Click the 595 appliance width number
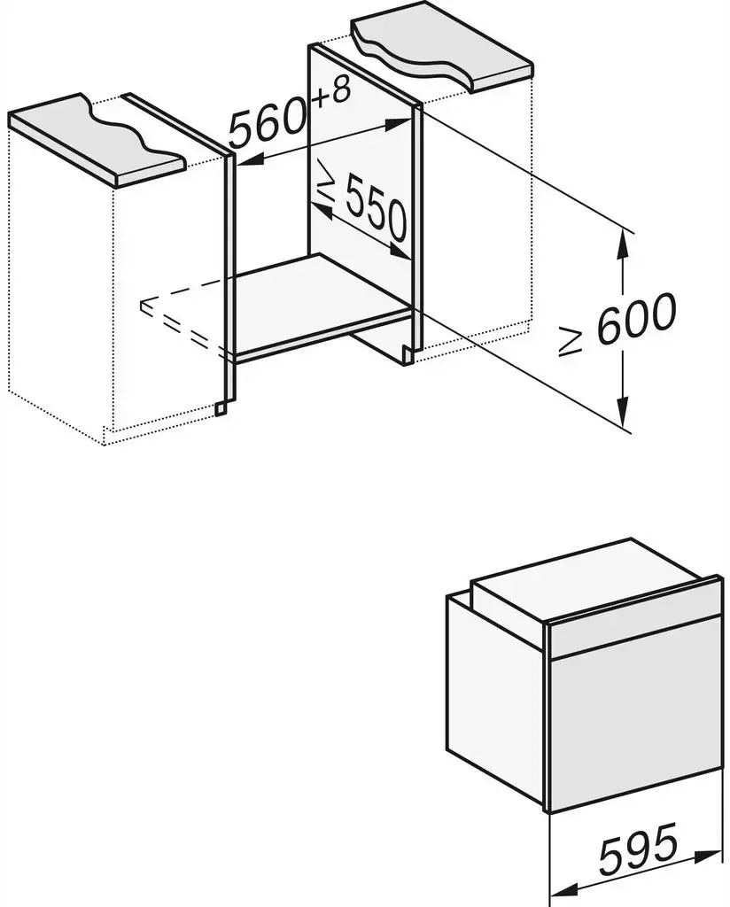click(x=638, y=849)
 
